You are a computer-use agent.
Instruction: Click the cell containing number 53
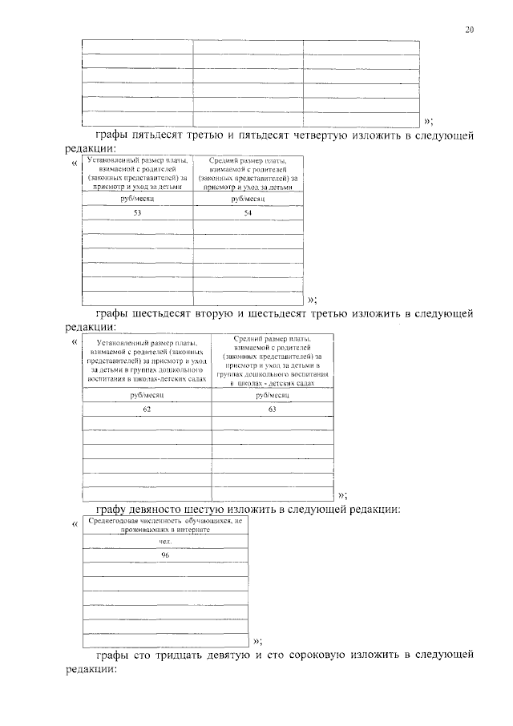click(137, 213)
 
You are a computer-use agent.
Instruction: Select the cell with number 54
click(247, 213)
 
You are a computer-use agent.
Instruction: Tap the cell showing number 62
click(147, 409)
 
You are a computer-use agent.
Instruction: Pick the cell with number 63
click(273, 409)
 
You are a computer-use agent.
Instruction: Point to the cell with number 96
click(164, 555)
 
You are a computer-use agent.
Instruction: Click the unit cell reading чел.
click(164, 542)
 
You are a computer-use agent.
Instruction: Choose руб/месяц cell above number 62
click(147, 395)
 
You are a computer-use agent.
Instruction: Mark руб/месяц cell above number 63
click(273, 395)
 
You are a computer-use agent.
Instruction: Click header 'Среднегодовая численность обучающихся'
click(164, 526)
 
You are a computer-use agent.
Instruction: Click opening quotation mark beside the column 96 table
click(75, 523)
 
